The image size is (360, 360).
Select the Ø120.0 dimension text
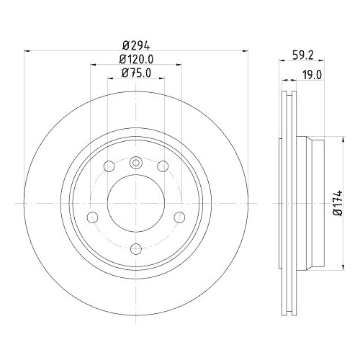pos(136,58)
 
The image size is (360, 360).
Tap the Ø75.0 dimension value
pos(136,73)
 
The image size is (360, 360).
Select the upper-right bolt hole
pos(163,165)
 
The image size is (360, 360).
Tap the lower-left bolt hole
pos(91,217)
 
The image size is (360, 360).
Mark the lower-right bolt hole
pos(180,217)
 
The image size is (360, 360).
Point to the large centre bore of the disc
pos(136,204)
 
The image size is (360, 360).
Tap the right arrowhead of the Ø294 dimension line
pos(243,50)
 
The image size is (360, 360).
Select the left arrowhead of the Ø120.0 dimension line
pos(94,66)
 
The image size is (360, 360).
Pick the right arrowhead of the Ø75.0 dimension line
pos(163,80)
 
